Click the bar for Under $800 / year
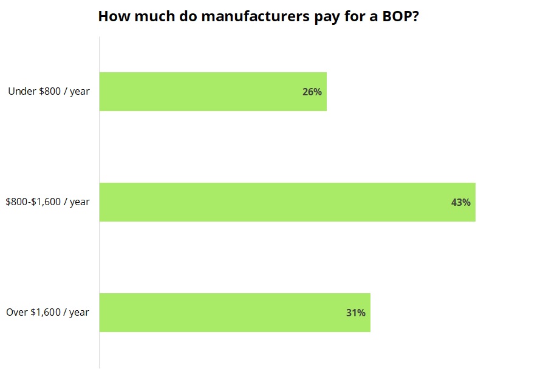click(x=213, y=92)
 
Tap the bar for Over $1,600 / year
click(x=234, y=313)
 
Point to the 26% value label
click(x=312, y=92)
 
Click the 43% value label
click(x=460, y=203)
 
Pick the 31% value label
click(x=355, y=313)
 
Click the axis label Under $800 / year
click(x=49, y=92)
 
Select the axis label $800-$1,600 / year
click(x=47, y=202)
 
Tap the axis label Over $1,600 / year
click(x=47, y=313)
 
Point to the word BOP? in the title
click(x=400, y=16)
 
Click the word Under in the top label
click(x=21, y=92)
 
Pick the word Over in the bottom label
click(x=17, y=313)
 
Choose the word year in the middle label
click(x=80, y=202)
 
